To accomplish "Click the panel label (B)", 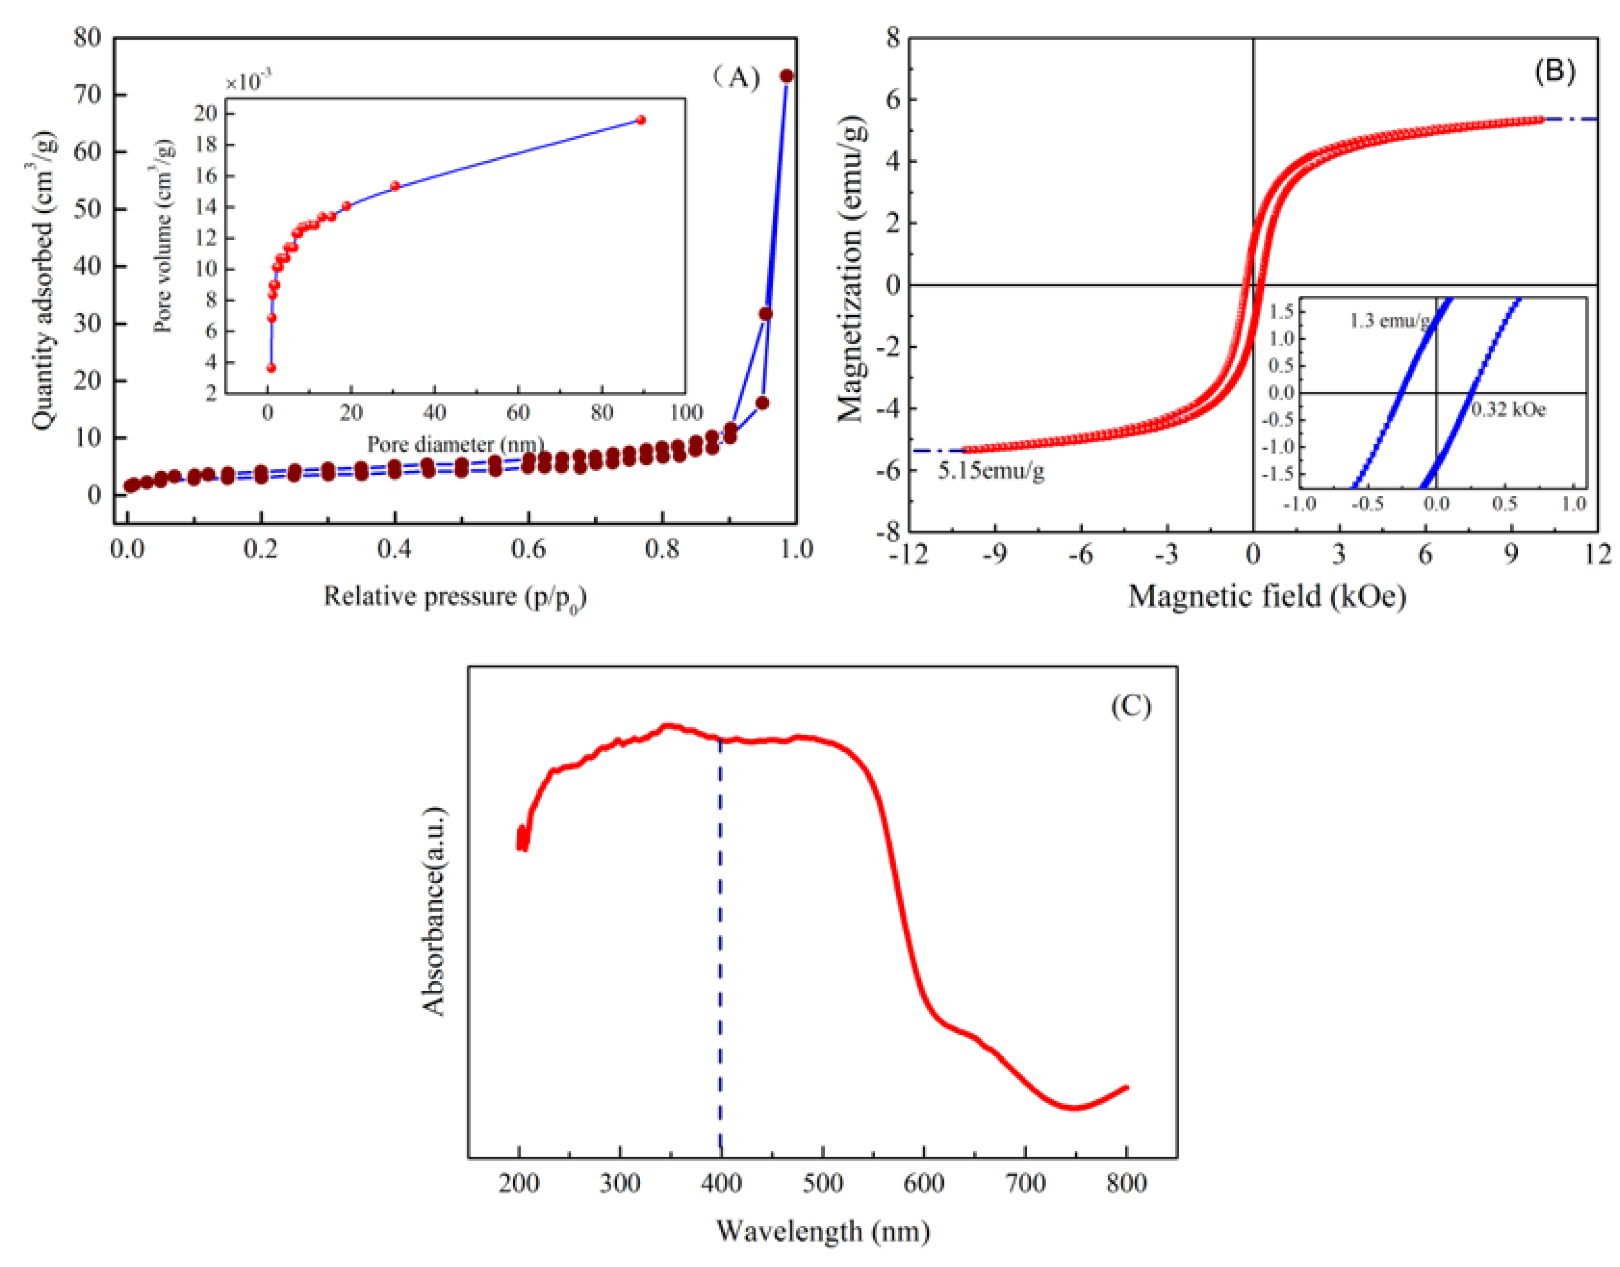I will pos(1554,71).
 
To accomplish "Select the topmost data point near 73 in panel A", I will pos(786,76).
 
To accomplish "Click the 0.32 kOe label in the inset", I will pos(1509,410).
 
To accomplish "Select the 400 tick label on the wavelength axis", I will pos(720,1183).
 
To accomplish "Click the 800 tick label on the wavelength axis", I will pos(1126,1183).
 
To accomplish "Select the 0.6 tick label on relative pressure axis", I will pos(528,550).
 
